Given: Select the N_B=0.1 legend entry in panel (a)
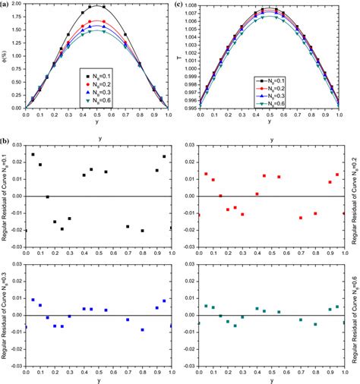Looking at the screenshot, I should pyautogui.click(x=98, y=76).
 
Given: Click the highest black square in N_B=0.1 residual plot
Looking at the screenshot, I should pyautogui.click(x=33, y=155).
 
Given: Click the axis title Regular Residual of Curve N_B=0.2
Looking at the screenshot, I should pyautogui.click(x=355, y=200).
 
